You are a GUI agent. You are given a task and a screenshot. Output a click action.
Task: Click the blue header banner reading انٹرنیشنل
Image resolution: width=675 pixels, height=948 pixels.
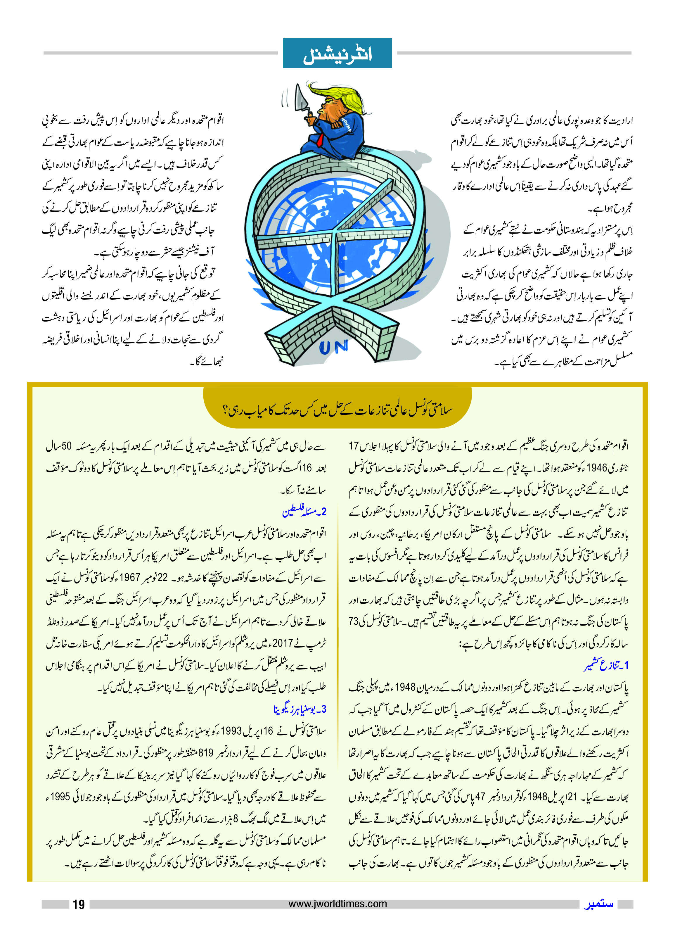pos(337,53)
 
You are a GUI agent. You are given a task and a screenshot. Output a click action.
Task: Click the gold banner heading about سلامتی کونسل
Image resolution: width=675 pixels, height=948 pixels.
pos(337,410)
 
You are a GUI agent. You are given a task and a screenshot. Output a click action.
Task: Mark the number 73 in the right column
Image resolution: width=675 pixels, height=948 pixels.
pos(354,621)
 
